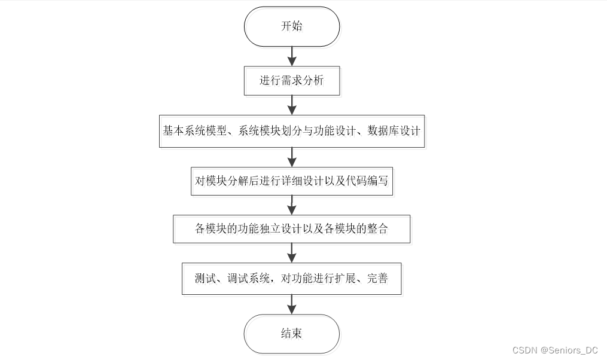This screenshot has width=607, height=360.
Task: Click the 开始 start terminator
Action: pos(292,26)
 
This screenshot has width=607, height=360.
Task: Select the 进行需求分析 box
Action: pos(292,81)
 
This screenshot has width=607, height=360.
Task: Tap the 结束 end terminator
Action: pos(292,334)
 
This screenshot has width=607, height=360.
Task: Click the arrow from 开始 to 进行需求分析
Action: pos(292,57)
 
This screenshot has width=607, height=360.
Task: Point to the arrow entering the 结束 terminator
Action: pos(292,304)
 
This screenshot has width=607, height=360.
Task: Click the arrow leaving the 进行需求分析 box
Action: pos(292,105)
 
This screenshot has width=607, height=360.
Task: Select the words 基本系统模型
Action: pos(194,131)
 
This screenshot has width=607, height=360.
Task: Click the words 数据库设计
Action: pos(394,131)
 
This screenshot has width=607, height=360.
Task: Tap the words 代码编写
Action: pos(367,181)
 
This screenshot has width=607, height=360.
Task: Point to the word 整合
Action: pos(377,229)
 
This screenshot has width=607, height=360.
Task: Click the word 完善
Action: pos(377,278)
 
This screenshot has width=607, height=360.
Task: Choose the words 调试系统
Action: pos(249,278)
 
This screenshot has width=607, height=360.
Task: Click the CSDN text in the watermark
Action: pos(525,350)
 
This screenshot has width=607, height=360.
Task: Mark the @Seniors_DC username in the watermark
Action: pos(569,350)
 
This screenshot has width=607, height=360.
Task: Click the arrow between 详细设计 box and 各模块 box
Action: pos(292,205)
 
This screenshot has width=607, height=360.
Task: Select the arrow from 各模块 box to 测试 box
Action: pos(292,253)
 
